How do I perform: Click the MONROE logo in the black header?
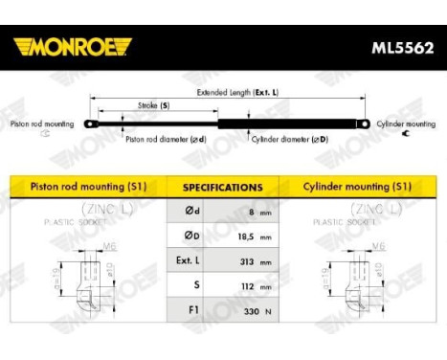click(73, 46)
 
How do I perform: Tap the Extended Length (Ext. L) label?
click(237, 93)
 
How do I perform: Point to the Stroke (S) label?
click(152, 105)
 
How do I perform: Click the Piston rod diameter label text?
click(165, 138)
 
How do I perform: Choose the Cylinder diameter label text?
click(291, 138)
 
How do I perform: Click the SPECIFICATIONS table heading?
click(222, 188)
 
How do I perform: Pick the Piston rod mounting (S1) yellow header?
click(85, 188)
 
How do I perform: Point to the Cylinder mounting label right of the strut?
click(405, 124)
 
